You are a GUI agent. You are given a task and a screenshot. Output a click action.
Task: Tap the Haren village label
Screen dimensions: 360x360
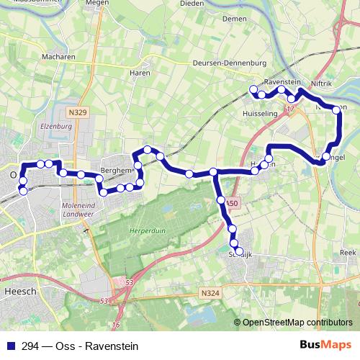click(x=139, y=73)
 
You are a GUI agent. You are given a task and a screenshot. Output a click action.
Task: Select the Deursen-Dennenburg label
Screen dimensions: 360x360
click(x=224, y=63)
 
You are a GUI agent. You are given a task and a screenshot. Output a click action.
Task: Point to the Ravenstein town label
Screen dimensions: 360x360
click(x=282, y=82)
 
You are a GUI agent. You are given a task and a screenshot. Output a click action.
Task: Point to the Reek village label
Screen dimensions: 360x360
click(x=348, y=253)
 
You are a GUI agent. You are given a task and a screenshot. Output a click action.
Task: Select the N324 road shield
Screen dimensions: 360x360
click(x=210, y=293)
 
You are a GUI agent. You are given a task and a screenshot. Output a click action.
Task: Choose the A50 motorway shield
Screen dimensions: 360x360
click(x=230, y=204)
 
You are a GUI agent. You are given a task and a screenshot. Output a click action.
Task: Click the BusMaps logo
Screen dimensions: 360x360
click(x=325, y=346)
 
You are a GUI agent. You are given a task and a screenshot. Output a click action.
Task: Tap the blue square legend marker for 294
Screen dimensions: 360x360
click(x=11, y=346)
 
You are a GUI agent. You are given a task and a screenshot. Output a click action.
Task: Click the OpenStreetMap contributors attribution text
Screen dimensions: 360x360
click(x=297, y=323)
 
